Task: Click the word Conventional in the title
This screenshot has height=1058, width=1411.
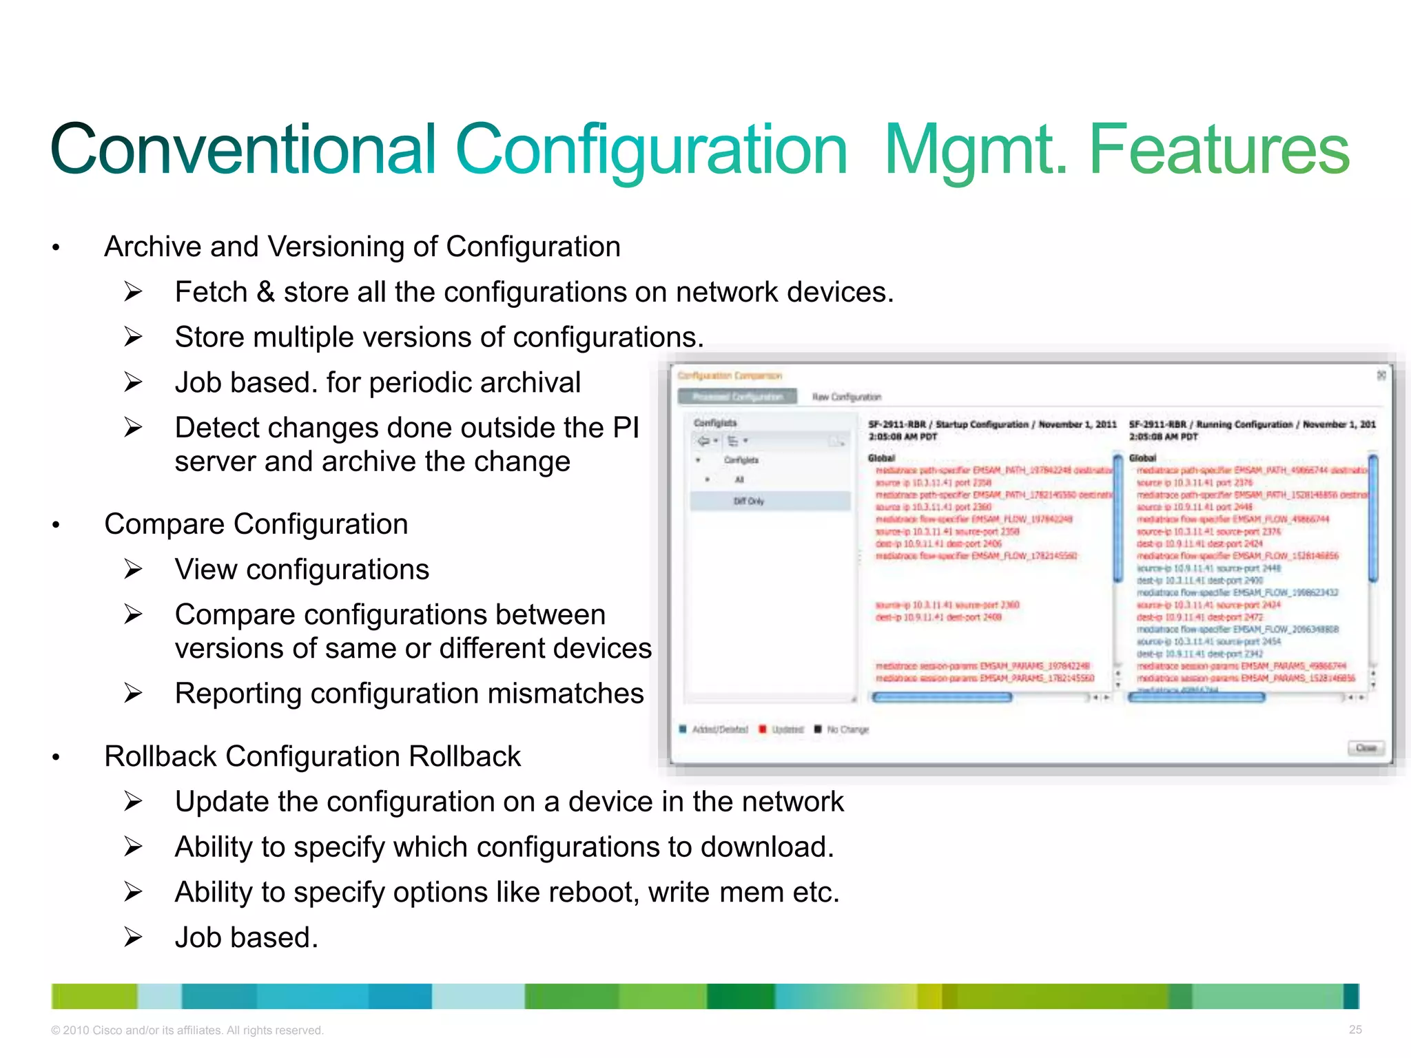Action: (243, 149)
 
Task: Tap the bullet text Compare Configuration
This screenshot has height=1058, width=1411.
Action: (256, 524)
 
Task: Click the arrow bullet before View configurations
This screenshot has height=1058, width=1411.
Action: (133, 570)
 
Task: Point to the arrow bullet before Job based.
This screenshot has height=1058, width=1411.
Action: (133, 937)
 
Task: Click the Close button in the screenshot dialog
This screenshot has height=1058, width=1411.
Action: (1365, 748)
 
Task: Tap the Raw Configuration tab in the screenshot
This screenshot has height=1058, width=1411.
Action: (846, 397)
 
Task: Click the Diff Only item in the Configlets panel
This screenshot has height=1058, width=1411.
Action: (748, 501)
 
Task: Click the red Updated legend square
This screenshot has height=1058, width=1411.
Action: (762, 729)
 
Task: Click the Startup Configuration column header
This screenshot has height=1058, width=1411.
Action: (991, 425)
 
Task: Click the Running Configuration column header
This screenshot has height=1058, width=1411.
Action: (1251, 425)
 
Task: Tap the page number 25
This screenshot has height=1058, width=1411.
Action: (1355, 1030)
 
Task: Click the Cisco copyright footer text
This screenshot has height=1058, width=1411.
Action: (187, 1030)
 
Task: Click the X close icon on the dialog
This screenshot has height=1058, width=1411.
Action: (1381, 375)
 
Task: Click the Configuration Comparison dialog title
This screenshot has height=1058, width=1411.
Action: (730, 376)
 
